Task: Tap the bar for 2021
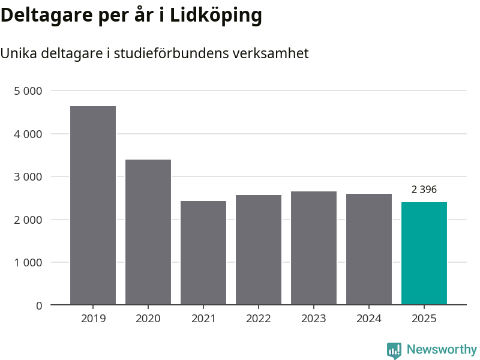coord(203,253)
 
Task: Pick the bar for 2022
coord(259,250)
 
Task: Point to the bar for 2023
coord(314,248)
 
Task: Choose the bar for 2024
coord(369,249)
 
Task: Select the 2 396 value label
coord(424,190)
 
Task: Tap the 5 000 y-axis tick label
coord(28,91)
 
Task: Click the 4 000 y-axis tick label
coord(28,134)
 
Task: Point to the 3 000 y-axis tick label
coord(28,177)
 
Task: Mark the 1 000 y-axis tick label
coord(28,263)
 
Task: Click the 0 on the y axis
coord(39,305)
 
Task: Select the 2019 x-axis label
coord(93,319)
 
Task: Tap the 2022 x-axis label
coord(259,319)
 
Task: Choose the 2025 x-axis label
coord(424,319)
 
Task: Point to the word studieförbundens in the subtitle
coord(169,53)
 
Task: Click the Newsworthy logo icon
coord(394,350)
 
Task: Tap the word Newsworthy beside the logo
coord(442,350)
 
